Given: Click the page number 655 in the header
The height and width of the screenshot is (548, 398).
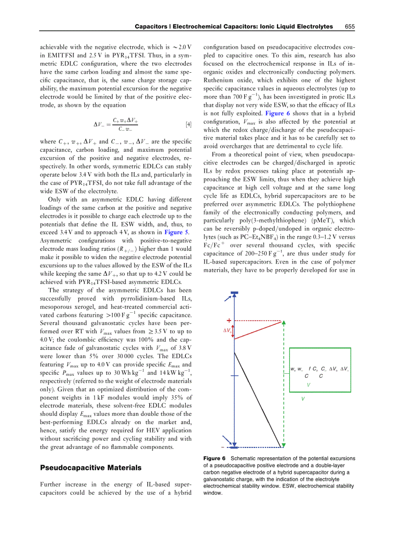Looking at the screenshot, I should pyautogui.click(x=349, y=26).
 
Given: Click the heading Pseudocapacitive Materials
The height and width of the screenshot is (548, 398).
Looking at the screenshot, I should pyautogui.click(x=90, y=467).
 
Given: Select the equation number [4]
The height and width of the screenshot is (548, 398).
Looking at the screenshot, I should pyautogui.click(x=188, y=124).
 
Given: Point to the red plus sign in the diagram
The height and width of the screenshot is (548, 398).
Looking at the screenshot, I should pyautogui.click(x=229, y=320).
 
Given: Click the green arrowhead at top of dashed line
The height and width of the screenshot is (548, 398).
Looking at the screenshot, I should pyautogui.click(x=283, y=323).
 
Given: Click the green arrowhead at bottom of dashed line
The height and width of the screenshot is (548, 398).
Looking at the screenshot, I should pyautogui.click(x=283, y=445).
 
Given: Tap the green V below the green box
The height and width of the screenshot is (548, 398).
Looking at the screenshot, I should pyautogui.click(x=303, y=399).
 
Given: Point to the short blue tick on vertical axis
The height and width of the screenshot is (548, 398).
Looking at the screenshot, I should pyautogui.click(x=235, y=376).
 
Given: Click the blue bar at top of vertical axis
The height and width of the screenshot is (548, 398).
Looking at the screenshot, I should pyautogui.click(x=235, y=306).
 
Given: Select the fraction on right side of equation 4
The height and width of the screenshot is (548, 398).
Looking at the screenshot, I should pyautogui.click(x=125, y=124).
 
